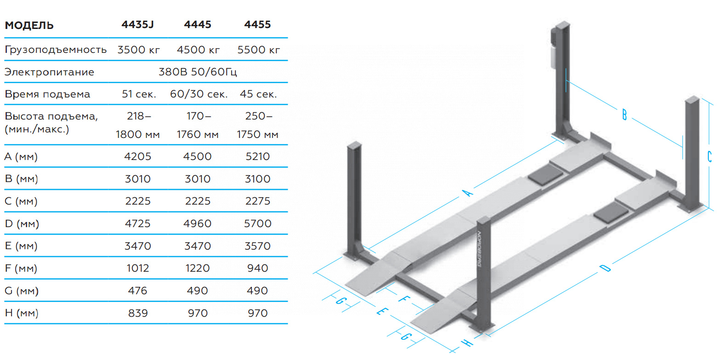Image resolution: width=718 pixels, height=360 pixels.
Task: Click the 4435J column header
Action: [137, 25]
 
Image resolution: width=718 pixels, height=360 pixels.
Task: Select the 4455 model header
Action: [257, 25]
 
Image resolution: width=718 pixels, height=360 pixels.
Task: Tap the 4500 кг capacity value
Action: [198, 50]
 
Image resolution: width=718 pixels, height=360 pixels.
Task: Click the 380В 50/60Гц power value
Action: [198, 72]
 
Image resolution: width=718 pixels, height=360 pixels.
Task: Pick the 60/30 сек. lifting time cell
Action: [199, 94]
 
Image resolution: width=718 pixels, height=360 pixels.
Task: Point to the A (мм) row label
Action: [21, 156]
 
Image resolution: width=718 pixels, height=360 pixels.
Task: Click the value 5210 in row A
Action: [257, 156]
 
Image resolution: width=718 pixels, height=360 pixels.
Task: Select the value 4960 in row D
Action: [198, 223]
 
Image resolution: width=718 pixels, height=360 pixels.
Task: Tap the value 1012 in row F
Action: [138, 268]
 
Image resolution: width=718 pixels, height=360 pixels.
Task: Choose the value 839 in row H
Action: [138, 313]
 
